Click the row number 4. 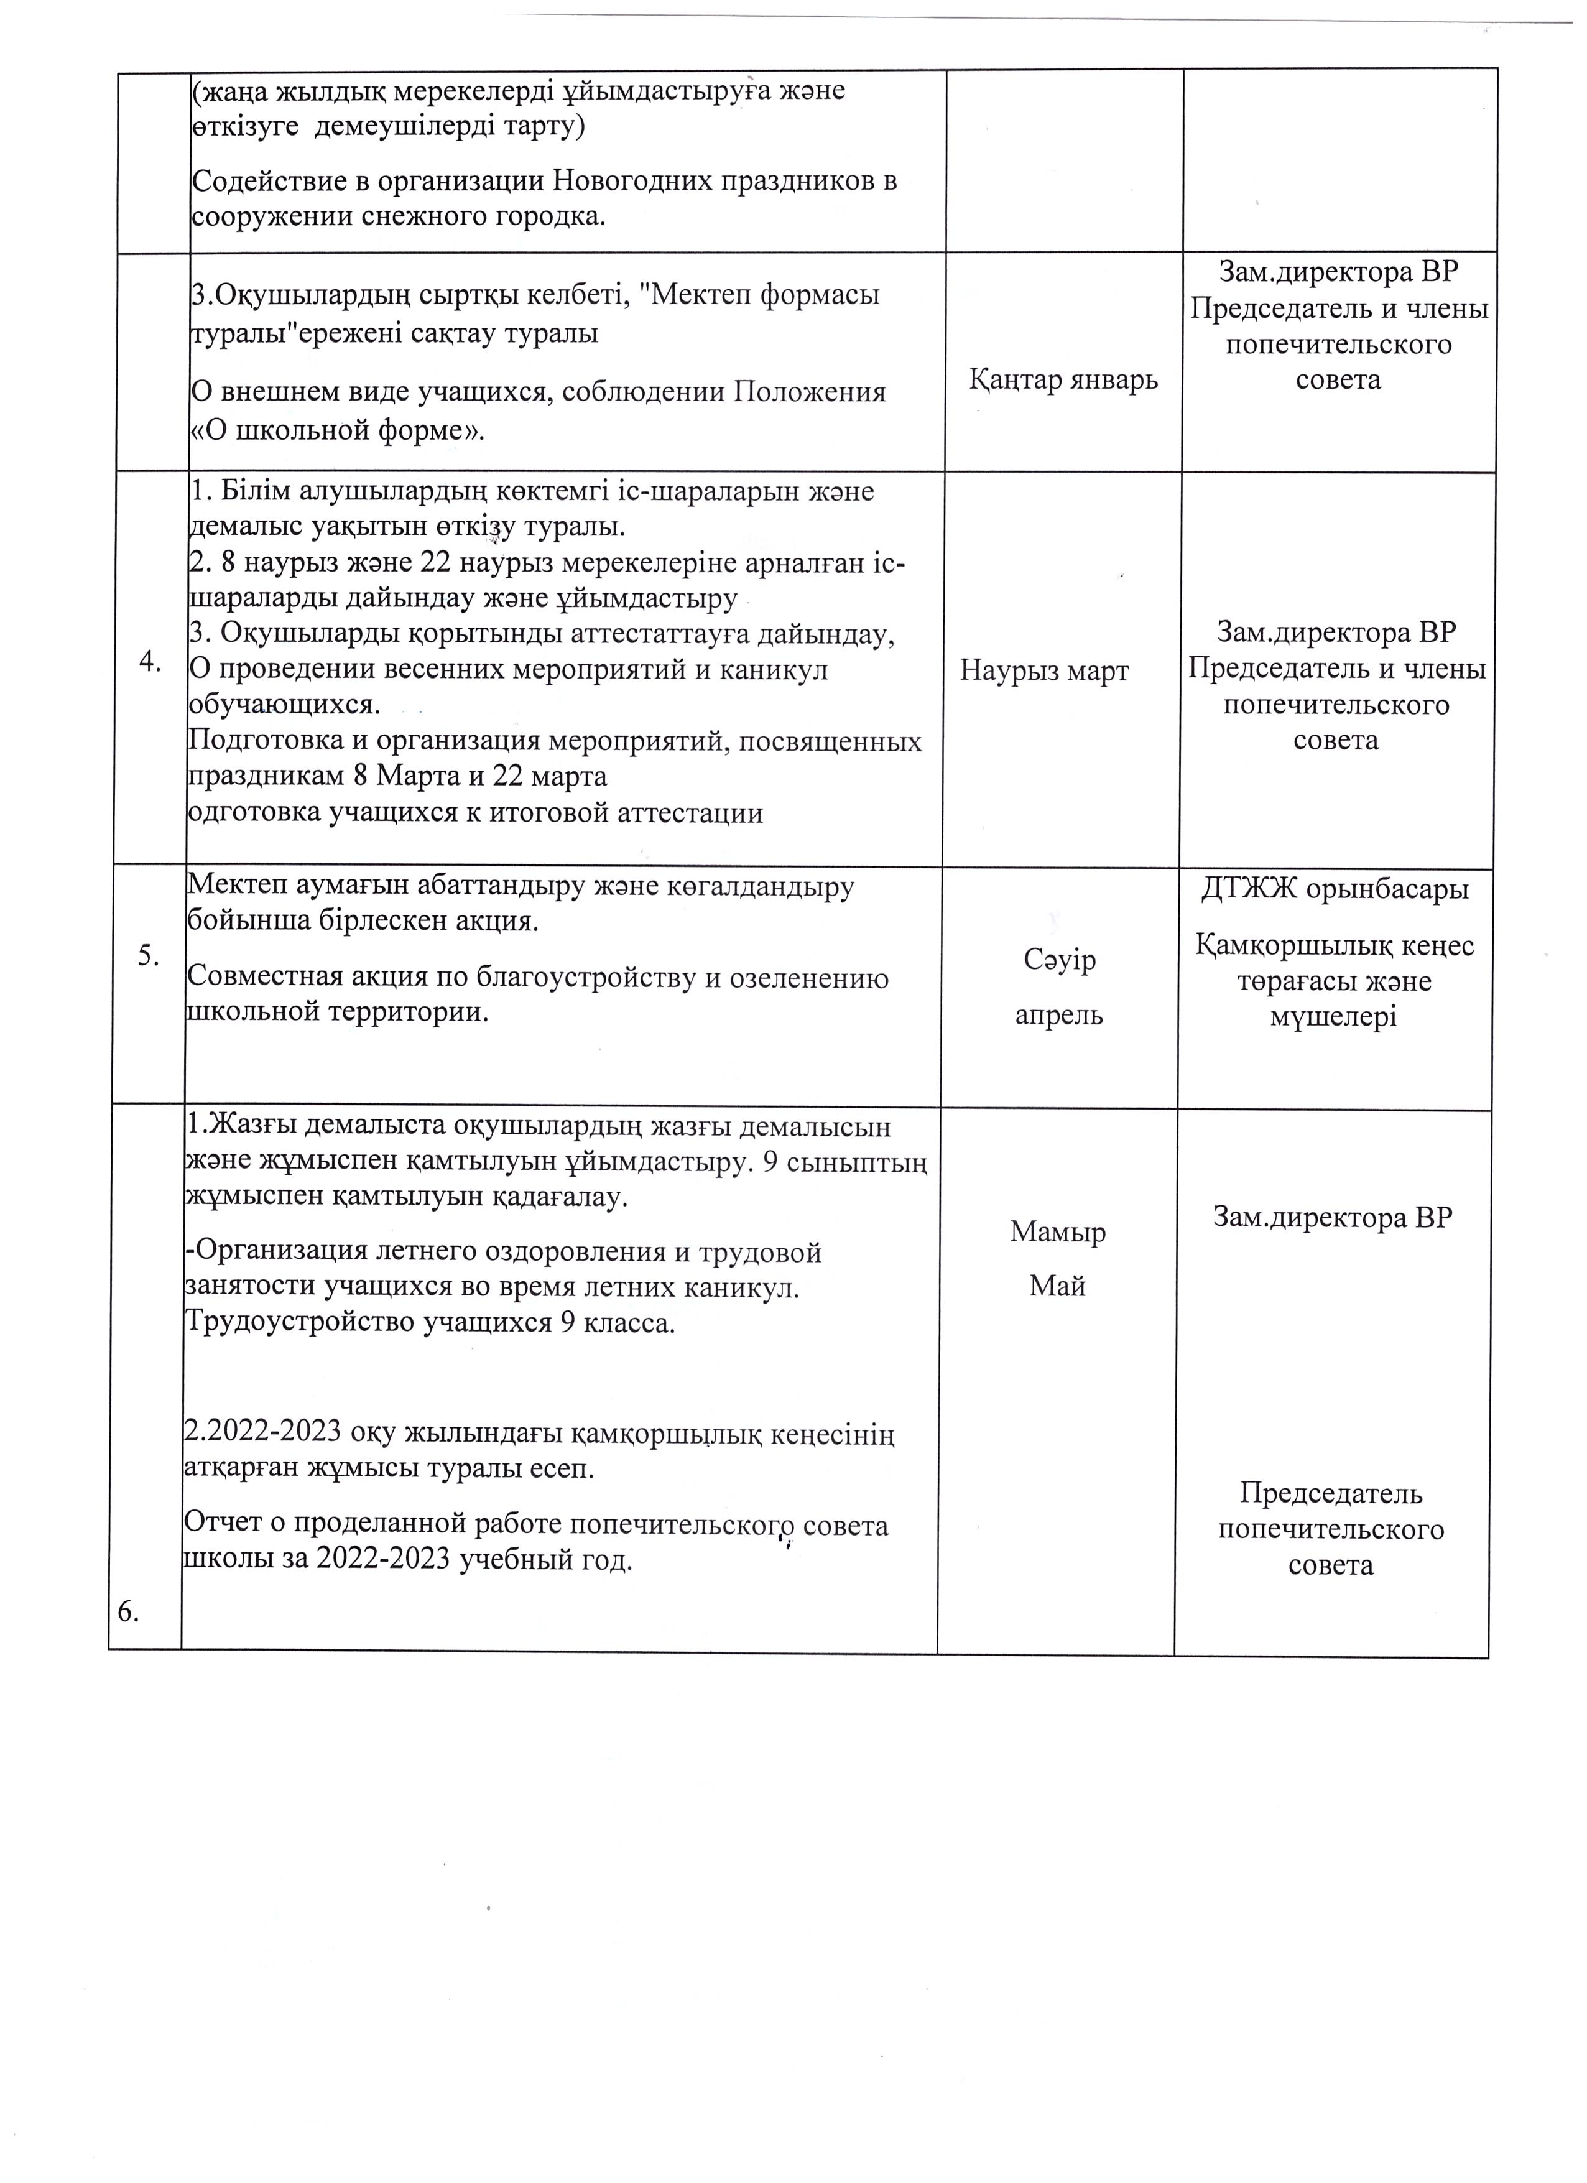pos(150,663)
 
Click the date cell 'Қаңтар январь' pos(1063,380)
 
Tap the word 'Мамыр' pos(1058,1232)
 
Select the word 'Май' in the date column pos(1058,1286)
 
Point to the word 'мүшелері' pos(1333,1017)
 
